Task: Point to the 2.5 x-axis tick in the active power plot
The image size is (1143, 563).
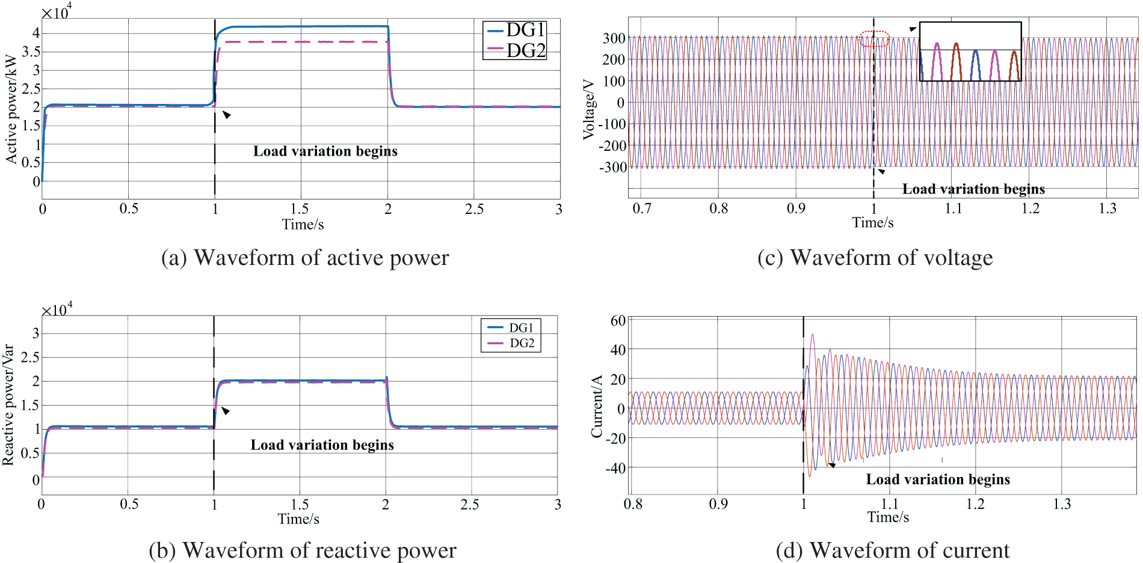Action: [x=474, y=209]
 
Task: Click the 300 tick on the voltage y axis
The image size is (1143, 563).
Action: [x=614, y=38]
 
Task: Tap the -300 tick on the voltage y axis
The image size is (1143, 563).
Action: [x=612, y=167]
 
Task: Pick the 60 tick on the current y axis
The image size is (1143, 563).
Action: [x=618, y=320]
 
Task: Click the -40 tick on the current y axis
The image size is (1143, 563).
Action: [x=615, y=467]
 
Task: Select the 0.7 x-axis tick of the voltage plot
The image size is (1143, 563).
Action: [x=642, y=208]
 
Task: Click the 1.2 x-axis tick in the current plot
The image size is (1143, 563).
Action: [x=975, y=504]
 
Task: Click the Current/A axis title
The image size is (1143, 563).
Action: [x=597, y=407]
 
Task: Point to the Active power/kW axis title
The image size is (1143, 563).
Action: [x=11, y=109]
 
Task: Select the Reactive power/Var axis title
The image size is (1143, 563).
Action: [x=8, y=404]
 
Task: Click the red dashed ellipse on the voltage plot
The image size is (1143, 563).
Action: [x=874, y=39]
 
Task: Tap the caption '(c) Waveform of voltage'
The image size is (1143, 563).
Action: [x=875, y=258]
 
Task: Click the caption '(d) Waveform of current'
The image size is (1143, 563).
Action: [x=892, y=550]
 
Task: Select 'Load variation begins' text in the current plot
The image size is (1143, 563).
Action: [x=937, y=479]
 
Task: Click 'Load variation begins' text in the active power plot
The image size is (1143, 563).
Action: [x=325, y=151]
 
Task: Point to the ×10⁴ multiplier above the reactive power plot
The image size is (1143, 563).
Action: [x=57, y=309]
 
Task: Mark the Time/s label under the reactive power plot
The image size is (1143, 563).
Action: [x=298, y=519]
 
